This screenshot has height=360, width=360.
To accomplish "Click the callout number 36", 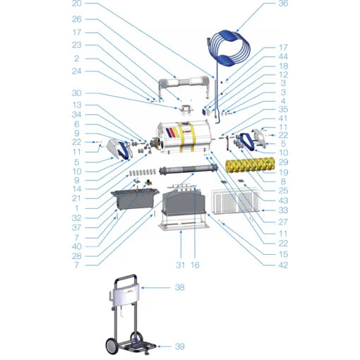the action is pos(283,4).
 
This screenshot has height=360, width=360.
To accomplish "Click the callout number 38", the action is pos(179,287).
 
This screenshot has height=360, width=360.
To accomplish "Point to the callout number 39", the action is pos(179,347).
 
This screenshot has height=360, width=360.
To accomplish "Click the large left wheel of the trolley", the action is pos(112,347).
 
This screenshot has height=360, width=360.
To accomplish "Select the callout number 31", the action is pos(180,265).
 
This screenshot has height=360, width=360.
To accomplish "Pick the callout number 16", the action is pos(195,265).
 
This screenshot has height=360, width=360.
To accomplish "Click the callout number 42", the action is pos(283,265).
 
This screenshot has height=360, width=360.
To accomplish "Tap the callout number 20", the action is pos(77,4).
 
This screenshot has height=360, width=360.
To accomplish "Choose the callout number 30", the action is pos(77,93).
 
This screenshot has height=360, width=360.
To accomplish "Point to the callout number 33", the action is pos(283,210).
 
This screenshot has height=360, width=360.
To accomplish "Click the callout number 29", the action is pos(283,162).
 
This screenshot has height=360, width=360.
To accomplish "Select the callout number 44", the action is pos(283,56).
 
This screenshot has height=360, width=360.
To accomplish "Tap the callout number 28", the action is pos(77,256).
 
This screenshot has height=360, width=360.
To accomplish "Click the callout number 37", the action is pos(77,227).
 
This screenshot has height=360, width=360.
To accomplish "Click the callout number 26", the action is pos(77,19).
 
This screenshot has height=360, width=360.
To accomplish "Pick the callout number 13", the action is pos(77,105).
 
